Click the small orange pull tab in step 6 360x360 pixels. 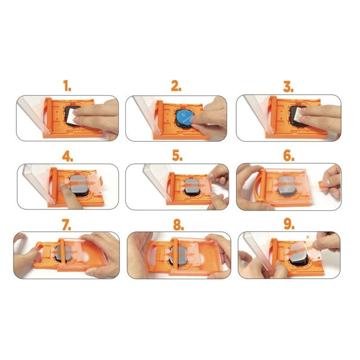click(x=324, y=184)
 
